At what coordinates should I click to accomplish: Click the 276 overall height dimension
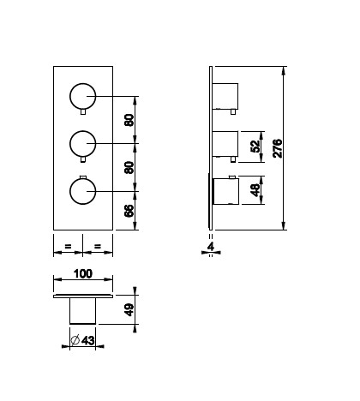(277, 148)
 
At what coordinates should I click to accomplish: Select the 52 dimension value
(255, 147)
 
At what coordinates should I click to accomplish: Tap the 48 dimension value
(255, 190)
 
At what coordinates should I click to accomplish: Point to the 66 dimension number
(129, 211)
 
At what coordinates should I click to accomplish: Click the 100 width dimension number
(83, 273)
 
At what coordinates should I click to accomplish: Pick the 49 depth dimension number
(129, 309)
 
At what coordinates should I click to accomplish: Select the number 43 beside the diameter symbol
(88, 340)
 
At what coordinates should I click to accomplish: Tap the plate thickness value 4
(211, 246)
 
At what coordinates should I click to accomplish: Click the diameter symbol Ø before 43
(75, 340)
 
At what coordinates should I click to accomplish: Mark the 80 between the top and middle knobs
(129, 120)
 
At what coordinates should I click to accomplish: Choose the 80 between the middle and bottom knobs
(129, 168)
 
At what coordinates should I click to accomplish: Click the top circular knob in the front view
(83, 96)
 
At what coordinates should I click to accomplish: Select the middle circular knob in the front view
(83, 144)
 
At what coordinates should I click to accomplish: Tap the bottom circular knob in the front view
(83, 191)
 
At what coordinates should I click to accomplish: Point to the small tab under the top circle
(83, 112)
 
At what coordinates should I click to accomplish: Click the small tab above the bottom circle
(83, 177)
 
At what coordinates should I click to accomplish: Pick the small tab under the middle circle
(83, 159)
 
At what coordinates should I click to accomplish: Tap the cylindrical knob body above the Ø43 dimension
(83, 311)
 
